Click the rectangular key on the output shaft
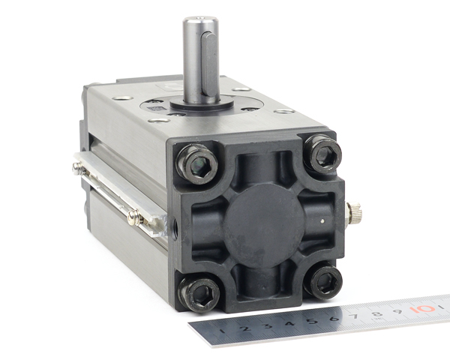click(208, 64)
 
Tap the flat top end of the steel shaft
click(201, 19)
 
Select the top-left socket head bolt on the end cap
click(197, 164)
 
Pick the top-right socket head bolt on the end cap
click(323, 154)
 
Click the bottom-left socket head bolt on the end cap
click(199, 294)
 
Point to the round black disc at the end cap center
click(263, 226)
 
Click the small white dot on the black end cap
click(322, 220)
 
